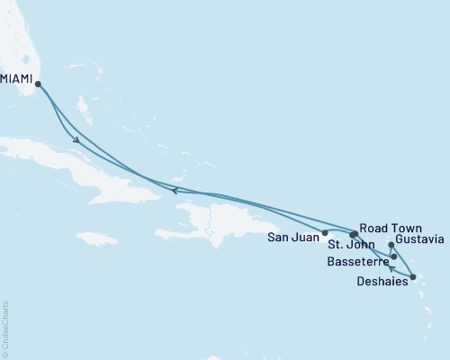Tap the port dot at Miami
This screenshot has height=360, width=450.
(38, 85)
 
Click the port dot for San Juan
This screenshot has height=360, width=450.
(325, 232)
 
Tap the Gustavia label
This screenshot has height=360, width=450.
(420, 240)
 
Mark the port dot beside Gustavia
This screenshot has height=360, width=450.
(391, 244)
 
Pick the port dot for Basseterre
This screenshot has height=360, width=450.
(394, 256)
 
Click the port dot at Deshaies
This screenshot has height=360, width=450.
(412, 277)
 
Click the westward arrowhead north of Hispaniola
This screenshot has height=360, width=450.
(175, 189)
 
